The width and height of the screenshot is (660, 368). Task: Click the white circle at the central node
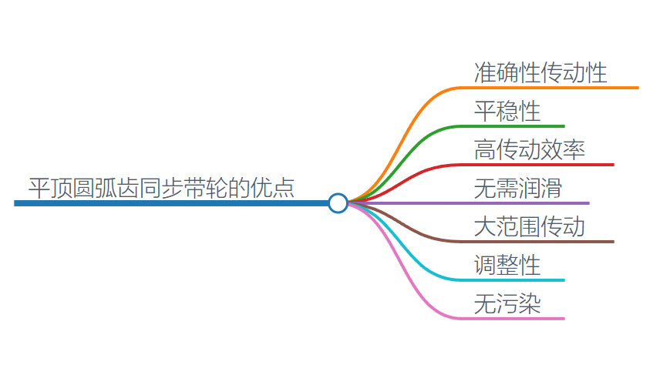point(338,202)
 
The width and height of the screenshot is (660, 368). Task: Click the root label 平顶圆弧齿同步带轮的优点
point(162,187)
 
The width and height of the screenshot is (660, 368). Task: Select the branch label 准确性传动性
point(540,72)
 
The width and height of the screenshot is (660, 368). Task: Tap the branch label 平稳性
point(507,111)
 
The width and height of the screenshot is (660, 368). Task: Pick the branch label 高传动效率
point(530,149)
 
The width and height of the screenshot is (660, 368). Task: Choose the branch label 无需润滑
point(518,188)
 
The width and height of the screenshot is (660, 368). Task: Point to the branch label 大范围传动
point(530,226)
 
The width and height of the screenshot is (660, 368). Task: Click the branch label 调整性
point(507,265)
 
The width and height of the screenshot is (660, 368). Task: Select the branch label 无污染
point(507,303)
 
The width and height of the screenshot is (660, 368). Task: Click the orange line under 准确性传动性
point(555,88)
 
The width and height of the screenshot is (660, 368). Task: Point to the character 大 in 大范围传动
point(485,226)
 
